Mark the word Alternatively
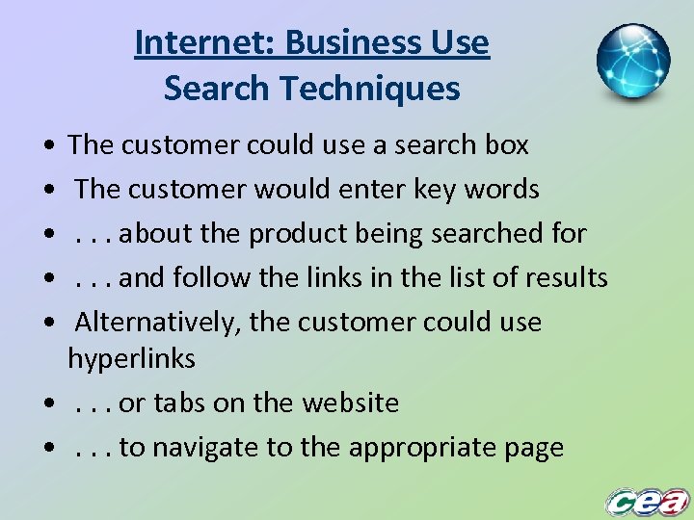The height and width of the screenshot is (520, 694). coord(157,323)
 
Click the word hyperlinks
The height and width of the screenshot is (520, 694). coord(131,359)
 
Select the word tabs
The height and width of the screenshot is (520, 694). coord(179,403)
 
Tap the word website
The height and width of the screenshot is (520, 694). coord(348,403)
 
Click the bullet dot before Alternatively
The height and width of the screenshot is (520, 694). coord(48,324)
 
